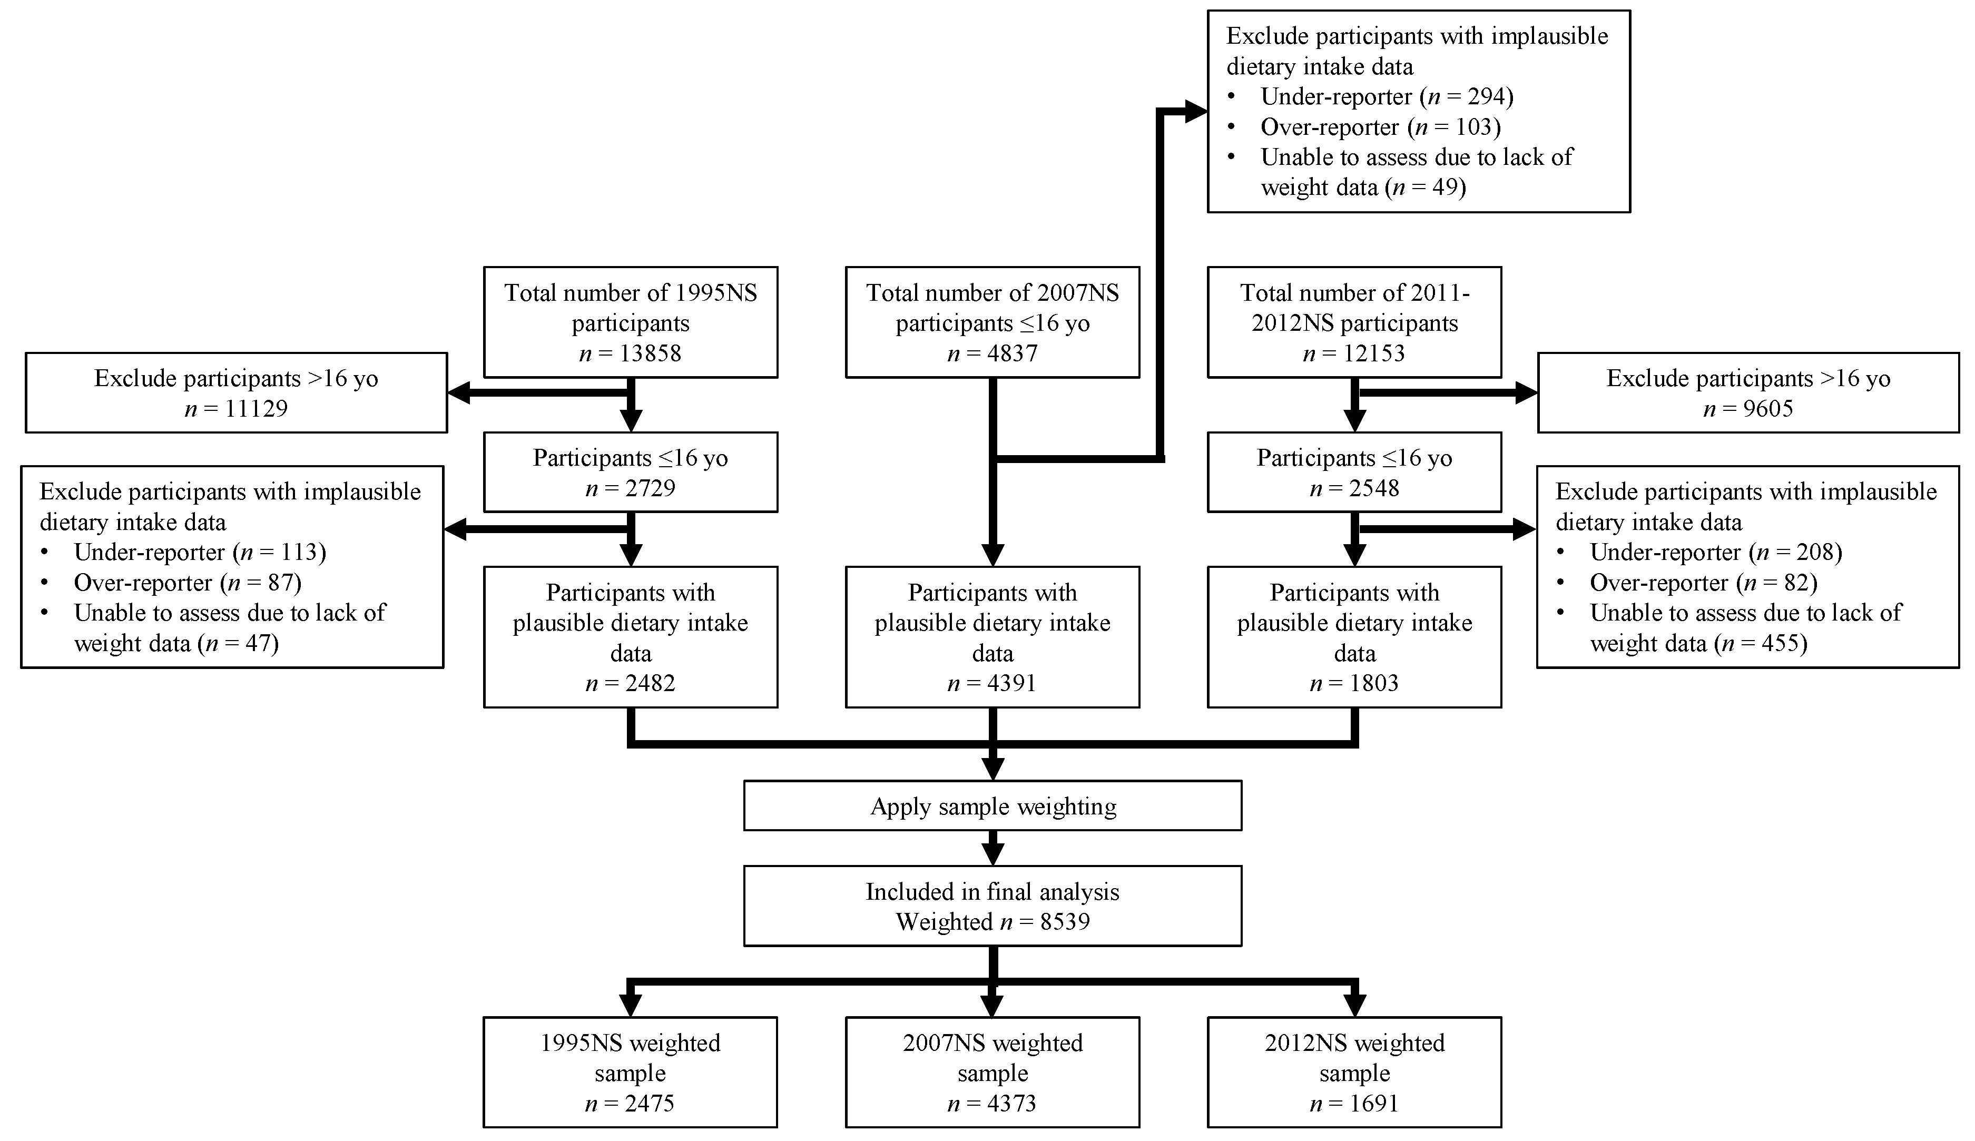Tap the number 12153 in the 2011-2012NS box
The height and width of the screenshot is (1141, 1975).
1374,353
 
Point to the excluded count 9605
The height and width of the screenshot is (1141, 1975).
1770,408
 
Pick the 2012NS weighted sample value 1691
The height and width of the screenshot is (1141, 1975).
1374,1104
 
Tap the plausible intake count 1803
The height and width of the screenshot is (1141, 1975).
1374,683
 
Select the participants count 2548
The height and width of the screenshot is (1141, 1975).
1374,488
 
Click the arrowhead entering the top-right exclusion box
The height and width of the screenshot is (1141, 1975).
1195,112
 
